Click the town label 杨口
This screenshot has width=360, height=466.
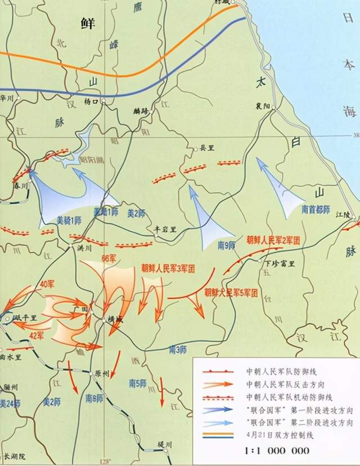point(91,102)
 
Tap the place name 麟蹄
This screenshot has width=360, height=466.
point(142,111)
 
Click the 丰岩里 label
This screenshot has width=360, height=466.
point(166,229)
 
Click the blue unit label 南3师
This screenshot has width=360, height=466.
point(178,349)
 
